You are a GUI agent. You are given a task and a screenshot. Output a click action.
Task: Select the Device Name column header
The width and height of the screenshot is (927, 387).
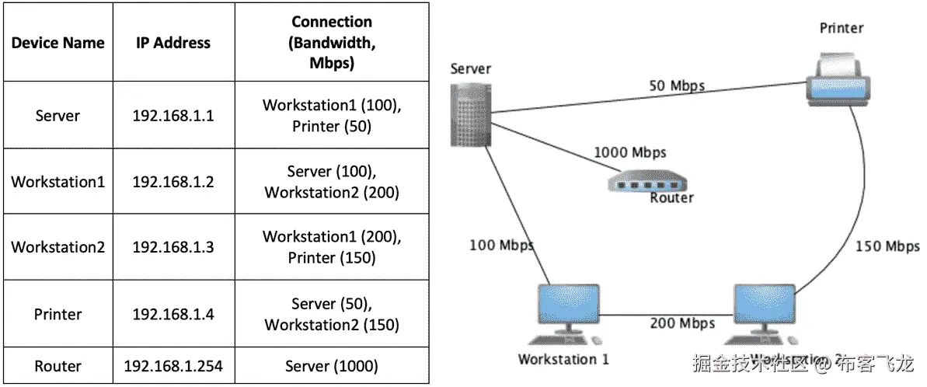[58, 43]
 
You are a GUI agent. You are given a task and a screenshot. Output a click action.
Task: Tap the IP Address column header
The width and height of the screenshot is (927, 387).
[173, 43]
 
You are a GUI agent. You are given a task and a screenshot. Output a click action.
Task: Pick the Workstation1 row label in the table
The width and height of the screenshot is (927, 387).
[58, 182]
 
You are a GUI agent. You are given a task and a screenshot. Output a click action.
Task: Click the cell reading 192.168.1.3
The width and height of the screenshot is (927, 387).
[173, 247]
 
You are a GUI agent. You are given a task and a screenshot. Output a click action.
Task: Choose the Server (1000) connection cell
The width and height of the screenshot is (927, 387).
[331, 365]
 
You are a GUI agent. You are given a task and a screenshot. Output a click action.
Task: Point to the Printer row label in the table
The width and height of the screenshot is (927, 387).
[58, 314]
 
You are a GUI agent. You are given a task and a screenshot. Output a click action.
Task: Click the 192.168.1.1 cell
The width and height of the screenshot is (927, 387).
[173, 116]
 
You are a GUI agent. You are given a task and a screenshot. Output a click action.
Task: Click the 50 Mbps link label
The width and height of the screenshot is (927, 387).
[677, 85]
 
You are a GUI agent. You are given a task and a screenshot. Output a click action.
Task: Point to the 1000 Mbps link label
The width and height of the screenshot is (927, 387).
[629, 152]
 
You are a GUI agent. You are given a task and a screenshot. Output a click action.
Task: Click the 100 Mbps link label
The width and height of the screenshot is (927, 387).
[502, 246]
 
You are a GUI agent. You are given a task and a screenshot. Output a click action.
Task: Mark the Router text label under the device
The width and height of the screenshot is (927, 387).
[671, 197]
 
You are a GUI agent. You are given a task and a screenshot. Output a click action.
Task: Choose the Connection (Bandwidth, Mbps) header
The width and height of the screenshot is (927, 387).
[331, 43]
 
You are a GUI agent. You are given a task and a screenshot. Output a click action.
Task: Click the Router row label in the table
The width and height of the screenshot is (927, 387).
[58, 365]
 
